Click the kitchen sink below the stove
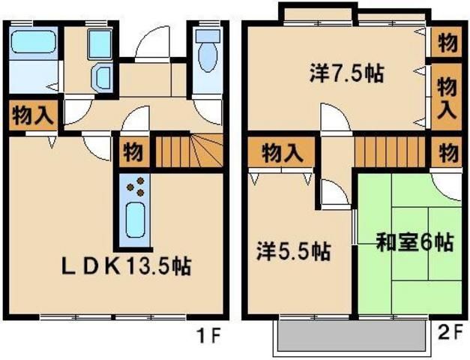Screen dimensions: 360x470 (136, 220)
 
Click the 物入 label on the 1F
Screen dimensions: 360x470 (31, 115)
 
